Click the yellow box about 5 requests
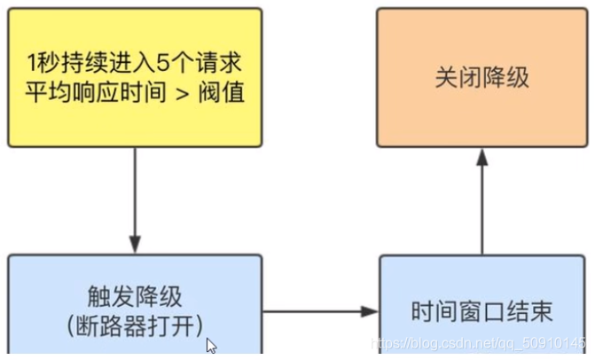tap(135, 77)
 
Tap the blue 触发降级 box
tap(135, 306)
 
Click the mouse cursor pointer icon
tap(211, 346)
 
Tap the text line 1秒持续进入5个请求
tap(135, 65)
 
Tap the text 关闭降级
tap(481, 77)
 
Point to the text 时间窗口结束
tap(482, 312)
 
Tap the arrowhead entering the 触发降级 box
tap(135, 245)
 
